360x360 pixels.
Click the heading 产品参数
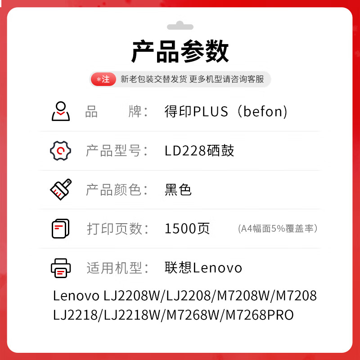coord(180,52)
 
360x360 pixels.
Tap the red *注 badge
coord(103,79)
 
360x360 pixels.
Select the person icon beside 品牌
coord(60,111)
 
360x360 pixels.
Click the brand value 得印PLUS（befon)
coord(226,111)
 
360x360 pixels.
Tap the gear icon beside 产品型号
coord(60,151)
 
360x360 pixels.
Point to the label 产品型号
coord(117,151)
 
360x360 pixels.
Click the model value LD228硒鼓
coord(199,151)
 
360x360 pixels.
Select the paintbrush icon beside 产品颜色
coord(60,189)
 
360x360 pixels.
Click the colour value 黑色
coord(178,189)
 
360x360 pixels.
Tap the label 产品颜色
coord(117,189)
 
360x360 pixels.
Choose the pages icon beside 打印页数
coord(60,229)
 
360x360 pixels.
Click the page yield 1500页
coord(187,229)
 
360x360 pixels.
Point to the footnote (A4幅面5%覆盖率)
coord(278,229)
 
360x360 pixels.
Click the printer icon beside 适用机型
coord(60,268)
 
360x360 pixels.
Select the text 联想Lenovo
coord(203,268)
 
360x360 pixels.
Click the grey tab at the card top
coord(180,25)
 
